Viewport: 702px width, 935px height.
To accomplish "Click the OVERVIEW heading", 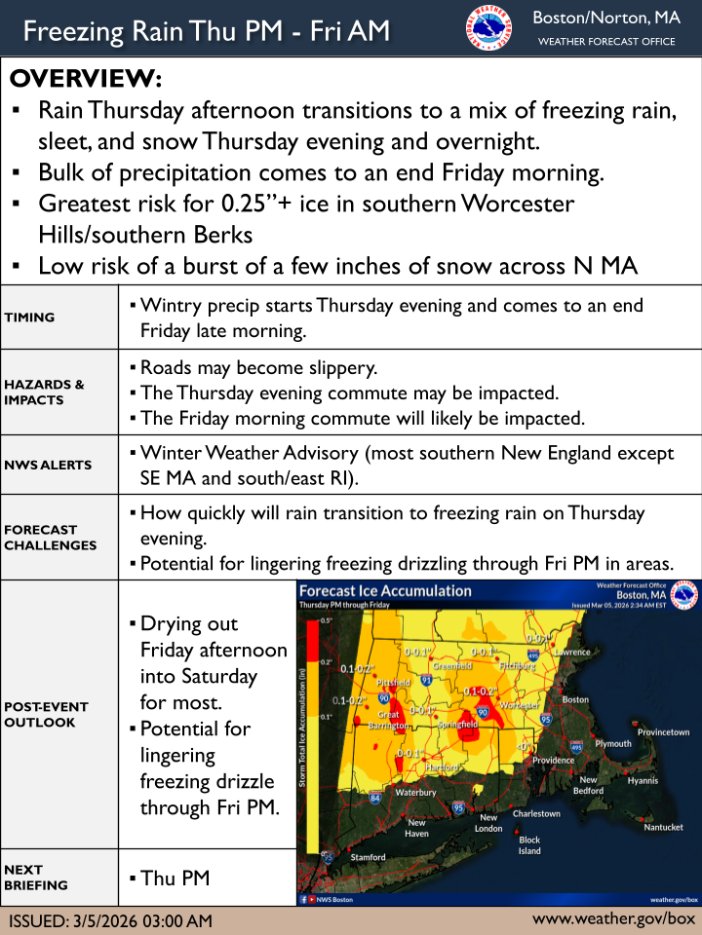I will (86, 79).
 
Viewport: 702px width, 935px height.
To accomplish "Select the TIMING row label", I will (29, 318).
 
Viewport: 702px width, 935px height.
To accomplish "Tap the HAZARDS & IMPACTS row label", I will (44, 393).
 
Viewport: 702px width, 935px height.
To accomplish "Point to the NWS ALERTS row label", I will (48, 465).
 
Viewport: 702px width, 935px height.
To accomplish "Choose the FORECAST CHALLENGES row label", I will (51, 538).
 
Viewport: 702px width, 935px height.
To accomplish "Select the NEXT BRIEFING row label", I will (36, 877).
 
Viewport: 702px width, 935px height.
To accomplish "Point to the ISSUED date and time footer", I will (110, 920).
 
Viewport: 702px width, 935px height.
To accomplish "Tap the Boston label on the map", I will (575, 699).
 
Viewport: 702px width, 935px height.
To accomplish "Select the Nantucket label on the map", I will (663, 827).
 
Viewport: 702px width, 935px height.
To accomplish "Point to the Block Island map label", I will (529, 844).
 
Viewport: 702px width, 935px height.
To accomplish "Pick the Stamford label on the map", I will (369, 857).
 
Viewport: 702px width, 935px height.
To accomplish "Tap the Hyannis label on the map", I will (643, 780).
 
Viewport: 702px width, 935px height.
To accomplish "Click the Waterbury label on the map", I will (415, 793).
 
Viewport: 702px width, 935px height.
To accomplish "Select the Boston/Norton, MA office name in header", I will (606, 19).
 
